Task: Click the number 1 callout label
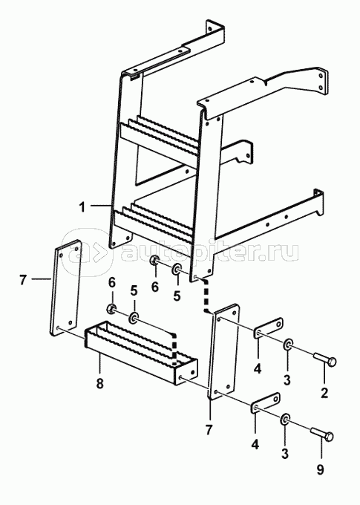click(82, 207)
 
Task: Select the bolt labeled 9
click(321, 433)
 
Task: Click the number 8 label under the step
click(100, 383)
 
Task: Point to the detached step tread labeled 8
click(141, 353)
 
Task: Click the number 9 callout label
click(320, 470)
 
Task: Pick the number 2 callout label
click(324, 393)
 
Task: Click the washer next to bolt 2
click(288, 345)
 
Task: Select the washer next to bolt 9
click(285, 419)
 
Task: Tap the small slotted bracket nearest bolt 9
click(265, 403)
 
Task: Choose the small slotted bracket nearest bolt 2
click(268, 328)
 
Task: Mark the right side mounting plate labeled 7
click(223, 351)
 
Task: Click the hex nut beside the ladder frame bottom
click(154, 260)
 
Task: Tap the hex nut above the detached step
click(111, 308)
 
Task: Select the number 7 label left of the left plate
click(23, 280)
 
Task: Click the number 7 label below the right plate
click(209, 430)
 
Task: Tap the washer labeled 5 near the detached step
click(134, 319)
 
